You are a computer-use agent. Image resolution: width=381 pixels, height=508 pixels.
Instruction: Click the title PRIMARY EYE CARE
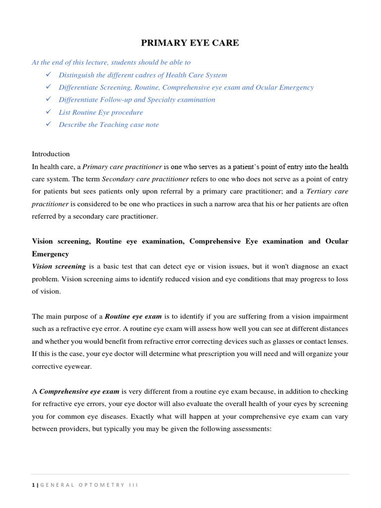[190, 43]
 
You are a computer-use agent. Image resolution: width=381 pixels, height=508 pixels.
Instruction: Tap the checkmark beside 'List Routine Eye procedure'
[48, 112]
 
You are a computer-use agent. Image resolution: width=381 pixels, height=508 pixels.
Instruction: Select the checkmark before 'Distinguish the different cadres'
[48, 74]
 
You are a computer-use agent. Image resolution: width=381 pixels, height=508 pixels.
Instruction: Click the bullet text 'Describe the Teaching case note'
[109, 125]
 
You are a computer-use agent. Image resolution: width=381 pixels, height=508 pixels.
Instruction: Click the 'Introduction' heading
[51, 154]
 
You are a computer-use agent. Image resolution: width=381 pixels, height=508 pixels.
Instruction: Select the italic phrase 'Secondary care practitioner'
[145, 179]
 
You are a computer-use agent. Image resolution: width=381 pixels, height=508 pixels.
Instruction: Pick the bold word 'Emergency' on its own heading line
[51, 254]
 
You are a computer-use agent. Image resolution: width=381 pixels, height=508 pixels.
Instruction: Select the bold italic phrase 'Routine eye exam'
[133, 316]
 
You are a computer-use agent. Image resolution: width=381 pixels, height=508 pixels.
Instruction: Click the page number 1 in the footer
[33, 485]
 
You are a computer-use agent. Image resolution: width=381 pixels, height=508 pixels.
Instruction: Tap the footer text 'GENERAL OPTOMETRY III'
[88, 485]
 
